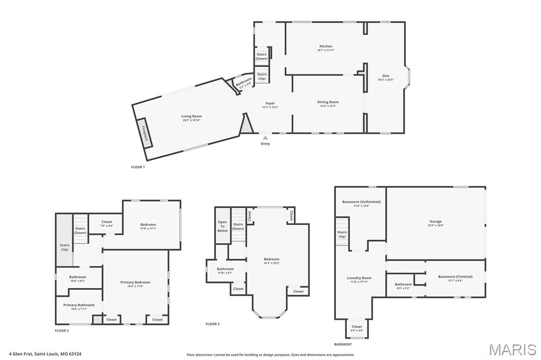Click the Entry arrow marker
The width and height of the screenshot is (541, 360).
(265, 138)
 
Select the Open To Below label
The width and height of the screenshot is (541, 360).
(222, 226)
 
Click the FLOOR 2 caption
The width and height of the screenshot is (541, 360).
(62, 331)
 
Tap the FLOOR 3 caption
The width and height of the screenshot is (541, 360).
(212, 324)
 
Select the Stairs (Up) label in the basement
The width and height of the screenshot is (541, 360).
(342, 234)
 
